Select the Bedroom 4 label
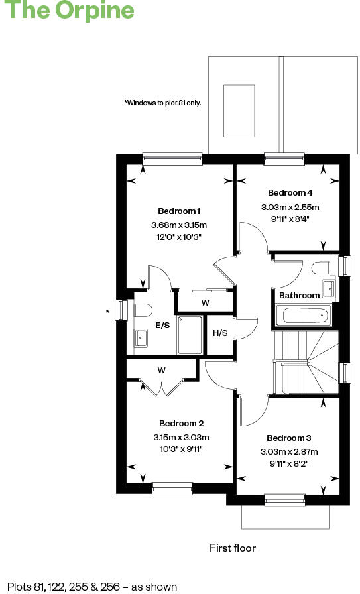[x=290, y=193]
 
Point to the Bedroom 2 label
[x=181, y=423]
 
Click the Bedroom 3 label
[x=288, y=438]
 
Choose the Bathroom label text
[x=299, y=295]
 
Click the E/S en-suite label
[x=163, y=325]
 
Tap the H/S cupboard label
[x=220, y=333]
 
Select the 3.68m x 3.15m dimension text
[x=179, y=225]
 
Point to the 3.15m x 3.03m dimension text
[x=181, y=437]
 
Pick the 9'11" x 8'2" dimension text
[x=288, y=463]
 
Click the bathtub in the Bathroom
[x=302, y=316]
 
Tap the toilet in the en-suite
[x=143, y=310]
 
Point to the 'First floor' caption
[x=232, y=548]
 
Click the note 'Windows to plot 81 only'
[x=162, y=103]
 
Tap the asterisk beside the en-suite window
[x=107, y=310]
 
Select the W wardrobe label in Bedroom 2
[x=161, y=370]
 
